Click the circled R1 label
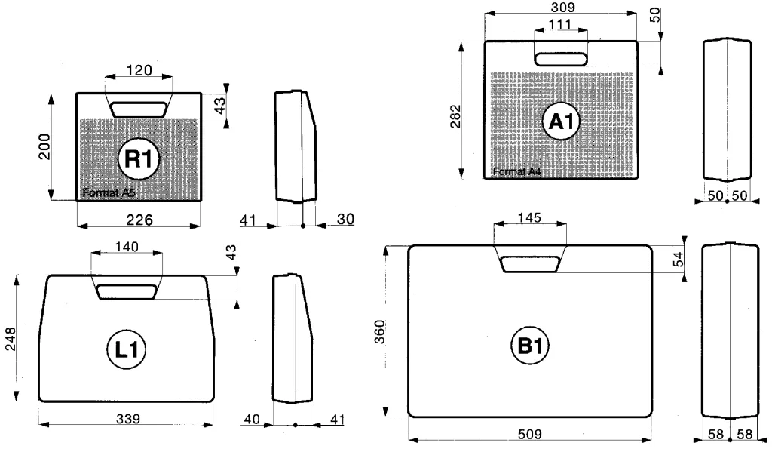[139, 158]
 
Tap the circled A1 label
[561, 121]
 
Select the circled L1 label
[127, 349]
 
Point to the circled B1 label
[530, 346]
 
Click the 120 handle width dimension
[139, 70]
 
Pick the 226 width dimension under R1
[139, 220]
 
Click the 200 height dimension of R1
[44, 146]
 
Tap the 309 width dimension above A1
[562, 7]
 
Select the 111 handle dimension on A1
[560, 23]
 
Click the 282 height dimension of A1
[455, 115]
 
